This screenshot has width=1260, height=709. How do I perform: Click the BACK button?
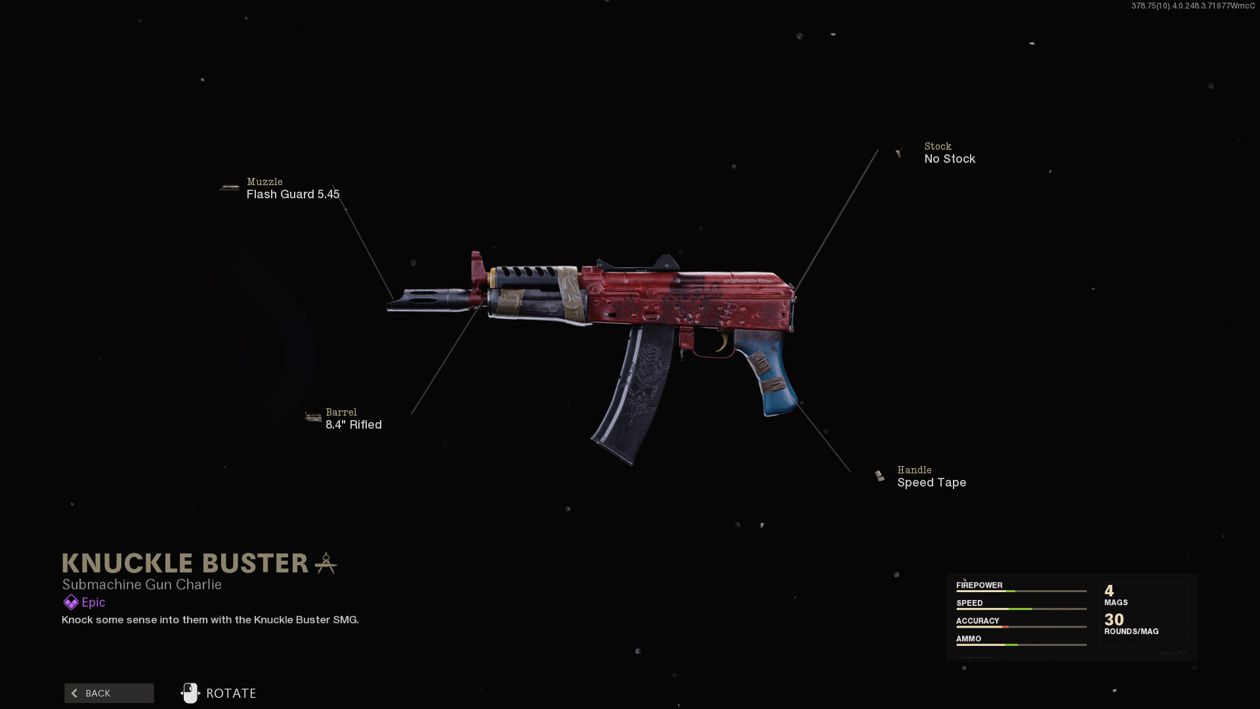pos(109,693)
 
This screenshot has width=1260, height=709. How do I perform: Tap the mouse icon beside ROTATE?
pos(190,693)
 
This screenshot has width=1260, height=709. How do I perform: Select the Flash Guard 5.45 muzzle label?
pos(293,194)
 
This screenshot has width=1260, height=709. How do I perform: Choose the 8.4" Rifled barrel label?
pos(353,425)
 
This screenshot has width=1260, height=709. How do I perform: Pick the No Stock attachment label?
pos(949,159)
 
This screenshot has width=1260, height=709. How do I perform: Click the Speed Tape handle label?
pos(931,483)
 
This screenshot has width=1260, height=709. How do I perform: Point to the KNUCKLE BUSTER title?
pos(185,563)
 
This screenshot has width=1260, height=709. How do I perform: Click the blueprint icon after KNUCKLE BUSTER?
pos(325,563)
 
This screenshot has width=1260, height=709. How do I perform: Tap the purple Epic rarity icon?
pos(70,602)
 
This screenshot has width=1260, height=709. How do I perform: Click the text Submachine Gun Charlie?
pos(142,584)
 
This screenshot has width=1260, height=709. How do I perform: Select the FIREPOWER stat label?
pos(979,585)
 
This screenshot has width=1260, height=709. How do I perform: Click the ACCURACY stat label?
pos(977,620)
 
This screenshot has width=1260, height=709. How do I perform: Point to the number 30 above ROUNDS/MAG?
pos(1114,619)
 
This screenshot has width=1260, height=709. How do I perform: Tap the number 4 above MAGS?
pos(1109,590)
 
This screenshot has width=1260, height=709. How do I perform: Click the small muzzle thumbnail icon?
pos(230,188)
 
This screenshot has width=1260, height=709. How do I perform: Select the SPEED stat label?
pos(969,603)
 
